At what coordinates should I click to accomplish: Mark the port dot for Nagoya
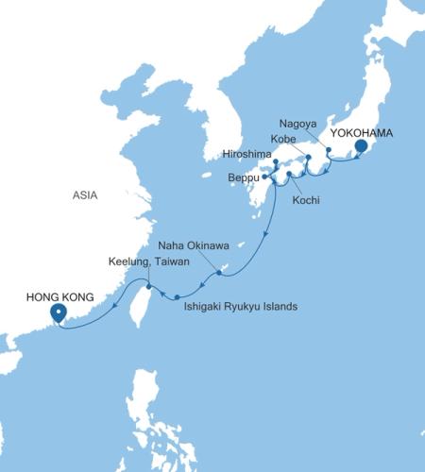(x=328, y=149)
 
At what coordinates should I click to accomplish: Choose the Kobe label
(x=283, y=138)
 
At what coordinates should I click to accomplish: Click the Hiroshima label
(x=248, y=152)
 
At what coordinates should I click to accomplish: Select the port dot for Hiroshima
(x=275, y=162)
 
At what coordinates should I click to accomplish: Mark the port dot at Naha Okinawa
(x=220, y=273)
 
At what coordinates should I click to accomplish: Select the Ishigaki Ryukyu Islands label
(x=241, y=307)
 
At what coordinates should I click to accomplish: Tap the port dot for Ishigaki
(x=177, y=297)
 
